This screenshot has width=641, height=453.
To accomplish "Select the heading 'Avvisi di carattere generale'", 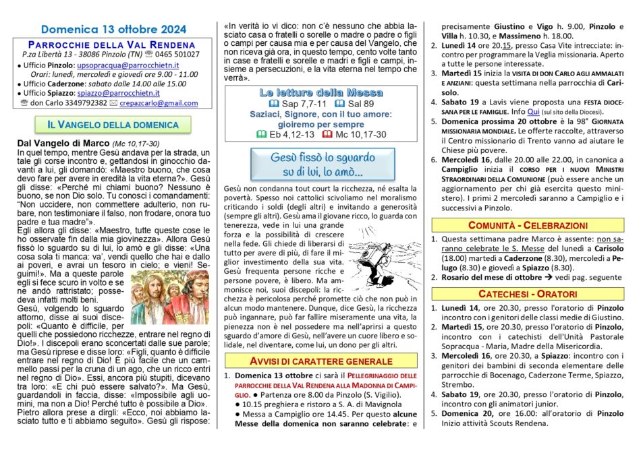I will click(x=321, y=360).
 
